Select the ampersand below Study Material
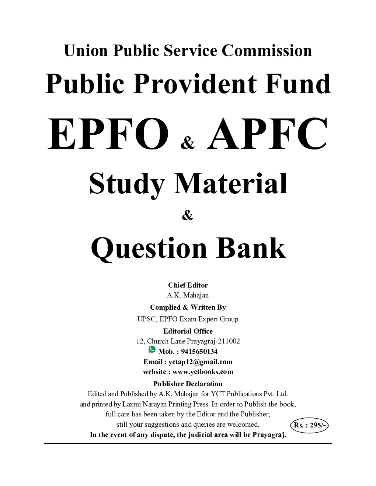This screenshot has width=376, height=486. (188, 216)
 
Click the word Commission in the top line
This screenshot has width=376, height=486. (267, 50)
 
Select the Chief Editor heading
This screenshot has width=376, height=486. (188, 285)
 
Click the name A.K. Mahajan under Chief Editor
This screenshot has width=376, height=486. (188, 295)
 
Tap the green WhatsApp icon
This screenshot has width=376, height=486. (152, 349)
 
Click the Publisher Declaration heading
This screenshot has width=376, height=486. (188, 384)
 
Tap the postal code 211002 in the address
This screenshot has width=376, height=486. (228, 341)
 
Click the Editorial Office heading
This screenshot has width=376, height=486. (188, 331)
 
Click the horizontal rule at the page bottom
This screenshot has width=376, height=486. (188, 444)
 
